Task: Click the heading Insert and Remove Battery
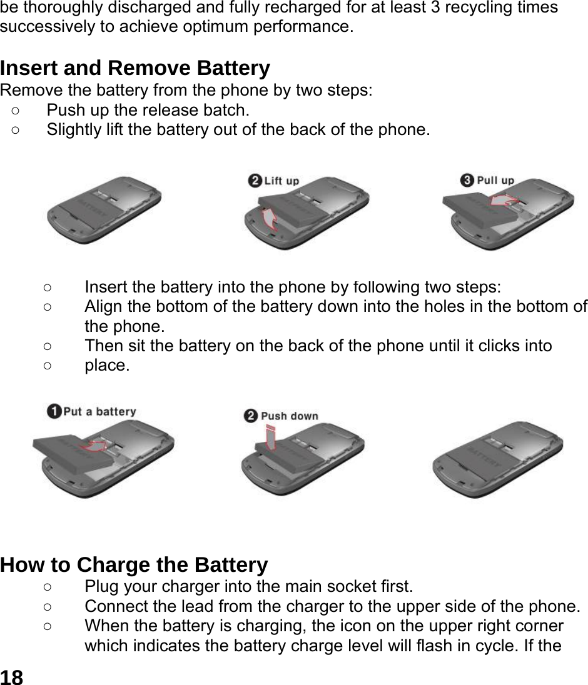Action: point(135,67)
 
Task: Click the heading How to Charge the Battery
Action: point(134,564)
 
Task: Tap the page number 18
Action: point(12,676)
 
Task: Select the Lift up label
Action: point(281,181)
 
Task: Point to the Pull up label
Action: point(495,181)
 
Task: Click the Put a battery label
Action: point(99,411)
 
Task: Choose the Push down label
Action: point(289,416)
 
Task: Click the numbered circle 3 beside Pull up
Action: point(467,181)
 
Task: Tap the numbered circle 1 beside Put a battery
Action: point(54,411)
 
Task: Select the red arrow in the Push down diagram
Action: point(270,437)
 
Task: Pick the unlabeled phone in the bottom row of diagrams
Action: point(498,459)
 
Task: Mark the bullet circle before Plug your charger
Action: point(48,587)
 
